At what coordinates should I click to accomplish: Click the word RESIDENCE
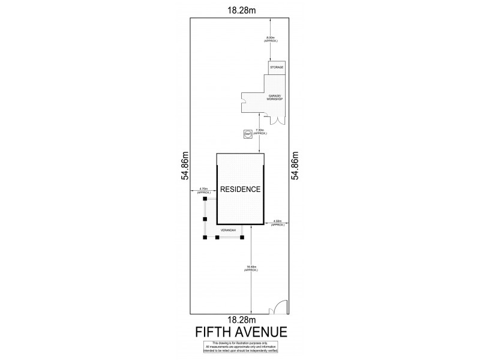(x=240, y=189)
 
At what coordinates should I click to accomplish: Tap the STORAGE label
(x=276, y=68)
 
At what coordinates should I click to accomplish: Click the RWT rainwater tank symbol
(x=247, y=134)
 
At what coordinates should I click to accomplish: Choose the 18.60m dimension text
(x=251, y=268)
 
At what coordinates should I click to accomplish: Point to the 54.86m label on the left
(x=185, y=165)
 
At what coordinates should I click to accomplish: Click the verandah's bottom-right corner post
(x=242, y=238)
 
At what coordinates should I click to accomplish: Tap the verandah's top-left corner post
(x=205, y=199)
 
